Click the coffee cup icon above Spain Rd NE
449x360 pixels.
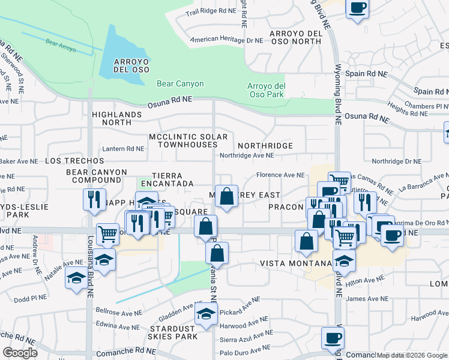(x=357, y=8)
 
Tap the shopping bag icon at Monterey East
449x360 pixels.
(x=226, y=196)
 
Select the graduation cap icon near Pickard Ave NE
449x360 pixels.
(x=206, y=314)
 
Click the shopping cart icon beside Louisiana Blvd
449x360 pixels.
(x=108, y=233)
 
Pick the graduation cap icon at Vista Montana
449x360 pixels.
(x=344, y=261)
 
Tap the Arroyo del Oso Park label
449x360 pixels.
(x=266, y=90)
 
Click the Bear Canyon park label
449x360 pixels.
(x=180, y=84)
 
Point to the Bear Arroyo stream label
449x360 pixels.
(x=61, y=45)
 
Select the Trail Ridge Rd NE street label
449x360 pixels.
(x=211, y=11)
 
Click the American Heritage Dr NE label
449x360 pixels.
(x=226, y=41)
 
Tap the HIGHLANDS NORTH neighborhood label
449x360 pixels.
(x=117, y=118)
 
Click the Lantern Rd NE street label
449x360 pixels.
(x=123, y=149)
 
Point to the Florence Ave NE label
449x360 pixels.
(x=281, y=175)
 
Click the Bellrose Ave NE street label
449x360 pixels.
(x=119, y=311)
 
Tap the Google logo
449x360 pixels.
(x=20, y=353)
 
